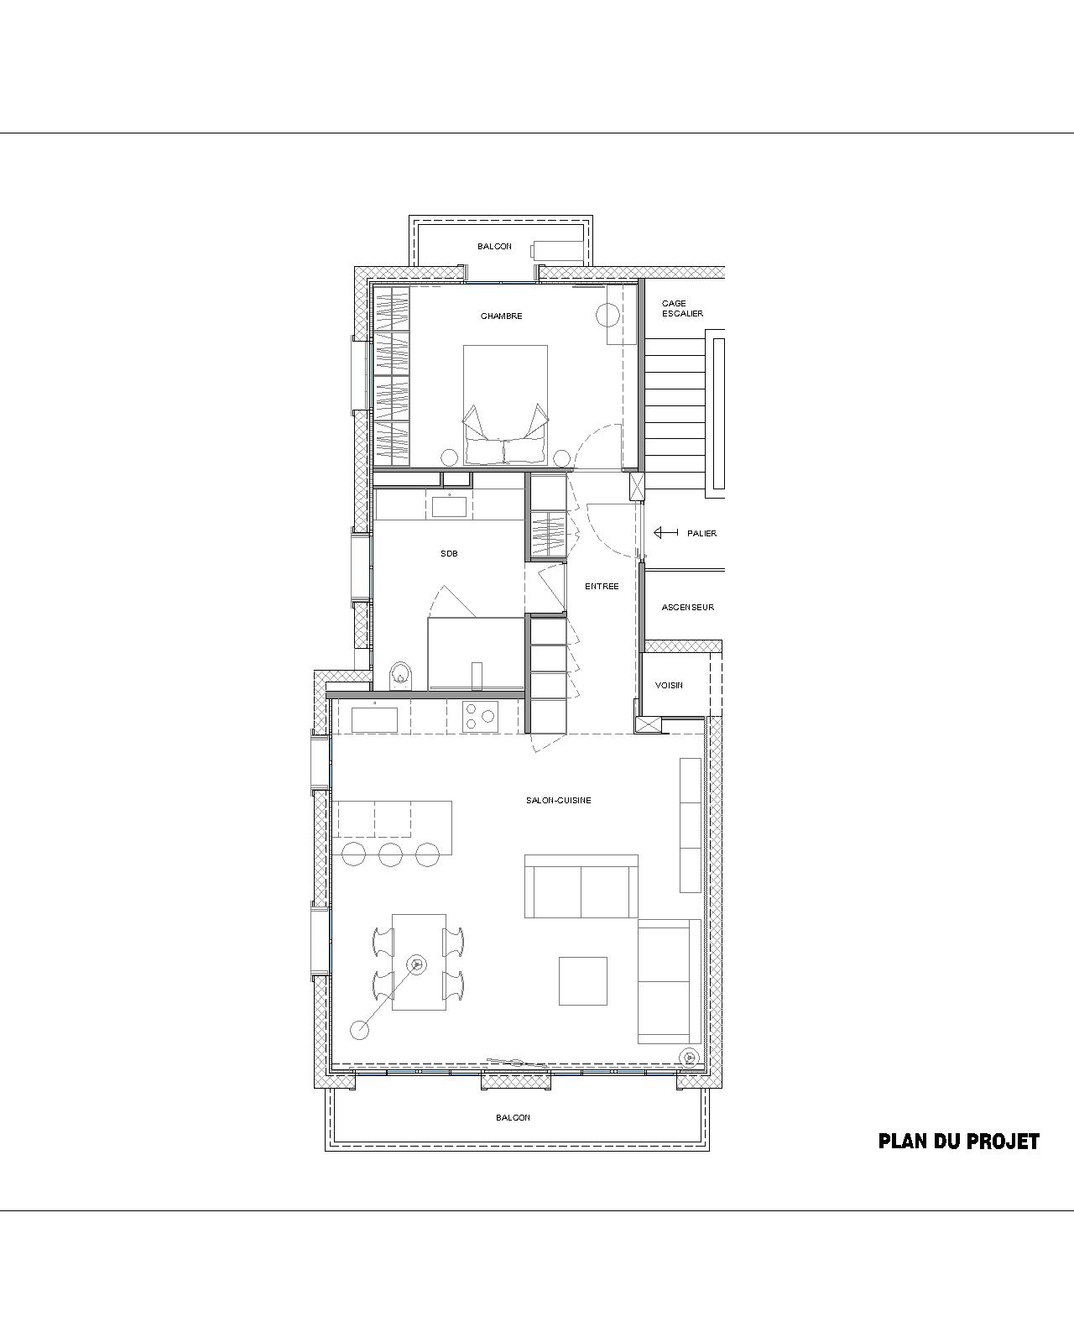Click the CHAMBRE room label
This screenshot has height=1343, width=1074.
coord(501,316)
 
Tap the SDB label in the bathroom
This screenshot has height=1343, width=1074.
coord(449,553)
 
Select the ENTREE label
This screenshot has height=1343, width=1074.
coord(602,587)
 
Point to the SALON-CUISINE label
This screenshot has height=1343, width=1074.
coord(558,800)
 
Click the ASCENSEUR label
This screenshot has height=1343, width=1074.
coord(688,607)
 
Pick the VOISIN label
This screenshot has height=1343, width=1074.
coord(669,685)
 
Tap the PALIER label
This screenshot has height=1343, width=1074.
coord(701,534)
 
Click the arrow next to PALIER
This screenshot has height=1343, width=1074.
coord(666,533)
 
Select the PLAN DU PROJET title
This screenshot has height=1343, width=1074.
coord(958,1142)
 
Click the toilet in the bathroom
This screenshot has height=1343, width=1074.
coord(400,676)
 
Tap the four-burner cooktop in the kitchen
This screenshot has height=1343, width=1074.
coord(480,717)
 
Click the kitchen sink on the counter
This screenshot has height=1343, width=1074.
coord(374,719)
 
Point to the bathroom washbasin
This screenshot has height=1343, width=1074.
coord(450,504)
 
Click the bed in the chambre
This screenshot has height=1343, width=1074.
coord(505,405)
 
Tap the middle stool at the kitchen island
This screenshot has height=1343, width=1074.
coord(391,854)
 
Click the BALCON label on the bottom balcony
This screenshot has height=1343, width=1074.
coord(513,1118)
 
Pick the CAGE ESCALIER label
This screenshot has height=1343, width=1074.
coord(682,309)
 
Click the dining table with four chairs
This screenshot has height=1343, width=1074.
coord(419,962)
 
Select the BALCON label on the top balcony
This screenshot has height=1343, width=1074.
coord(494,247)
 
